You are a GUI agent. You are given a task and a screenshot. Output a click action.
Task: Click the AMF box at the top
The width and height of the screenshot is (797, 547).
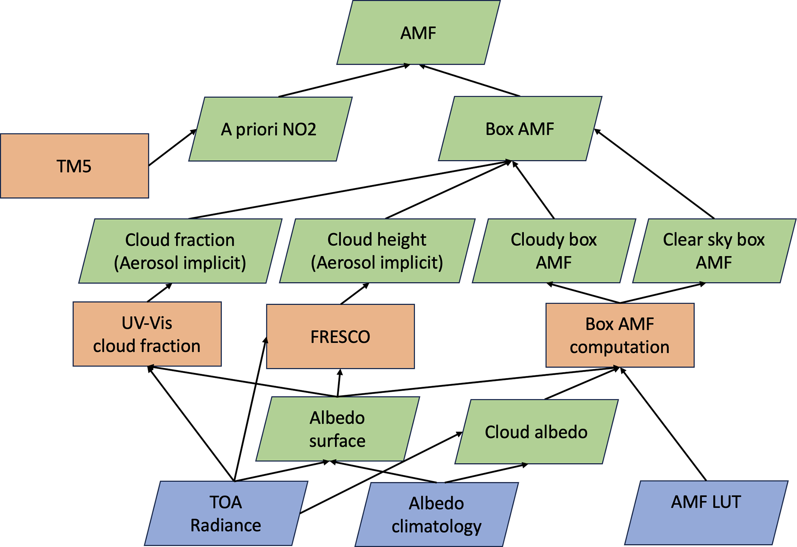pos(418,33)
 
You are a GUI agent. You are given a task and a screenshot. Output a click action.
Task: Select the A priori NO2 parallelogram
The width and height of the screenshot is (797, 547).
pos(270,129)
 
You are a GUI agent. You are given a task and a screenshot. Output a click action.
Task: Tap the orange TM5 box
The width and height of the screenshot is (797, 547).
pos(74,166)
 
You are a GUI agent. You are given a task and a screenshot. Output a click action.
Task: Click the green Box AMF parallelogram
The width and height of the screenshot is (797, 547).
pos(520,129)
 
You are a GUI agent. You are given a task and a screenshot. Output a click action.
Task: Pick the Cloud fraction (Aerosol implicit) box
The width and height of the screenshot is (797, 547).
pos(180,251)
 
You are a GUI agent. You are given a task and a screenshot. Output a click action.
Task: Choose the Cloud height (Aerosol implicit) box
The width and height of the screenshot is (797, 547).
pos(377,251)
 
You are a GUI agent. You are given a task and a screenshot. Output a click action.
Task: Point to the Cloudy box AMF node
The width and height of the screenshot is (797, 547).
pos(554,251)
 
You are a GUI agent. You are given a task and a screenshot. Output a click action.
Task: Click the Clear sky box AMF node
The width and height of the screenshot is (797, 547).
pos(714,251)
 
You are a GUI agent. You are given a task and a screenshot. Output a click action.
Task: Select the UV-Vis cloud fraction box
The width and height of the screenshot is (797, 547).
pos(147,334)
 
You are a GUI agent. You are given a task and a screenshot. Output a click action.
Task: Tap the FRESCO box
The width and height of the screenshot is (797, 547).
pos(340,337)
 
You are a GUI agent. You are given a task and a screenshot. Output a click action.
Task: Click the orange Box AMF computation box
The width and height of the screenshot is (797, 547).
pos(620,335)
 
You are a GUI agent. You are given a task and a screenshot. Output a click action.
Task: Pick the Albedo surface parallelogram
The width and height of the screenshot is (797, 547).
pos(337,429)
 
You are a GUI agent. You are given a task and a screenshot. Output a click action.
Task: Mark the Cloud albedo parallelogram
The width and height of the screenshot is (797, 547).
pos(536,432)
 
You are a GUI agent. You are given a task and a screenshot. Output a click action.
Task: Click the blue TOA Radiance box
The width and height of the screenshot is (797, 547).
pos(226,513)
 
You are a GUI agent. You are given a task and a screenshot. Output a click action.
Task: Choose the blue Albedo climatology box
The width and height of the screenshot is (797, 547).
pos(436,514)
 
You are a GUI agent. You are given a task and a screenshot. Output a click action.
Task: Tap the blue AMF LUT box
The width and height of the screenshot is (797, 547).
pos(706,512)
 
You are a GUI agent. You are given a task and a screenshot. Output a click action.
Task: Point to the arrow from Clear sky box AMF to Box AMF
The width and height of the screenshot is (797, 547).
pos(654,174)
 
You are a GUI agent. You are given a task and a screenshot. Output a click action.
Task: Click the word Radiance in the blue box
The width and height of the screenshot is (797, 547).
pos(226,525)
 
